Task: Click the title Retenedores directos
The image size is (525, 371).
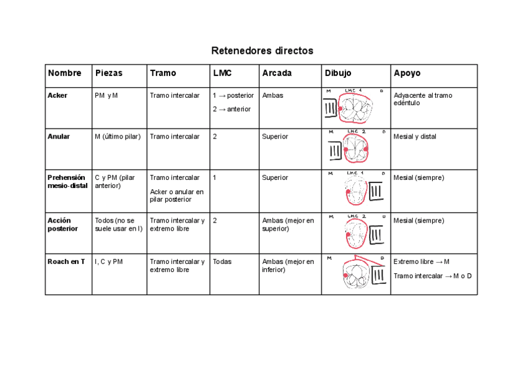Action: (x=262, y=51)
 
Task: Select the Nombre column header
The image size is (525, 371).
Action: (x=64, y=73)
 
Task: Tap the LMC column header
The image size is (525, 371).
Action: (x=222, y=73)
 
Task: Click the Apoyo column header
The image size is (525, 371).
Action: (x=407, y=73)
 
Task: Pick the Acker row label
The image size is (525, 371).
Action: (x=58, y=96)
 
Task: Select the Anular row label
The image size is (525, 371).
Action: (x=59, y=137)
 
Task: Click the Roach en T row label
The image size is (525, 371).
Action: (x=66, y=262)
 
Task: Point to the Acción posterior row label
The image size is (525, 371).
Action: (x=61, y=224)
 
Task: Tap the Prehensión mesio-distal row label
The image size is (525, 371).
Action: (x=67, y=181)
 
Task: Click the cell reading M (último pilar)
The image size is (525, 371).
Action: (x=118, y=137)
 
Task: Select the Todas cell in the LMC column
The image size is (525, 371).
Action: (x=222, y=262)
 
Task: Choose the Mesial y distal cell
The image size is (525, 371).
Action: (x=415, y=137)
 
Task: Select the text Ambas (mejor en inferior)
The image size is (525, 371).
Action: (x=288, y=265)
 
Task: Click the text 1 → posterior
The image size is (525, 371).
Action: (x=233, y=96)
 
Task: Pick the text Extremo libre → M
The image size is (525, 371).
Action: (x=422, y=262)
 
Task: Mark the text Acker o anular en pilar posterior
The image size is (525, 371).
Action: (x=176, y=195)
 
